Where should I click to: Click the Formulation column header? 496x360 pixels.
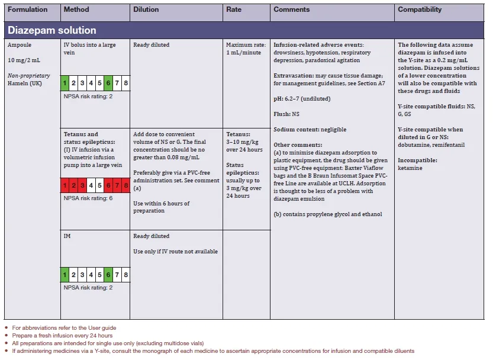27,10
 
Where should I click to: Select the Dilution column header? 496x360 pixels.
146,10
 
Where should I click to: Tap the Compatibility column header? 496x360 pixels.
420,10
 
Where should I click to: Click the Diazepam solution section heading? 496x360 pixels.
51,30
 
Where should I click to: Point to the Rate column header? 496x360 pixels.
234,10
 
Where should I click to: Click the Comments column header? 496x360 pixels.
291,10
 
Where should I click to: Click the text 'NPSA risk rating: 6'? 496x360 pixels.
88,198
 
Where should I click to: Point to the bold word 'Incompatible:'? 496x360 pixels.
417,160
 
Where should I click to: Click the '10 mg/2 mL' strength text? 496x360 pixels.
24,60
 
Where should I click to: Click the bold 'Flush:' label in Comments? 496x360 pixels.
282,114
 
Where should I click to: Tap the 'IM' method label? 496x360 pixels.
67,236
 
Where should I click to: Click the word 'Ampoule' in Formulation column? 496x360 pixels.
20,45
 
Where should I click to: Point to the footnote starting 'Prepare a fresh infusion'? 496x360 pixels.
53,336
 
